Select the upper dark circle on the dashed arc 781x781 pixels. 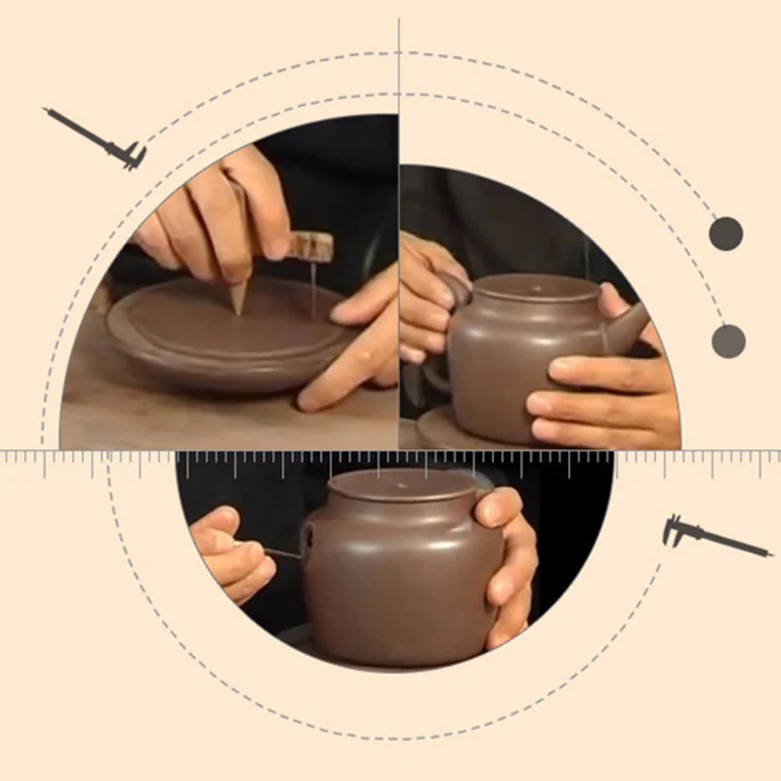[725, 234]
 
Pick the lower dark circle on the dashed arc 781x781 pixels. [728, 341]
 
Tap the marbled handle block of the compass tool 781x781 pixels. [308, 245]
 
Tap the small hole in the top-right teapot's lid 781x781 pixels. [530, 288]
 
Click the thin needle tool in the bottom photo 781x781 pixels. [283, 554]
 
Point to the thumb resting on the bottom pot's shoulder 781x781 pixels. [493, 508]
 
